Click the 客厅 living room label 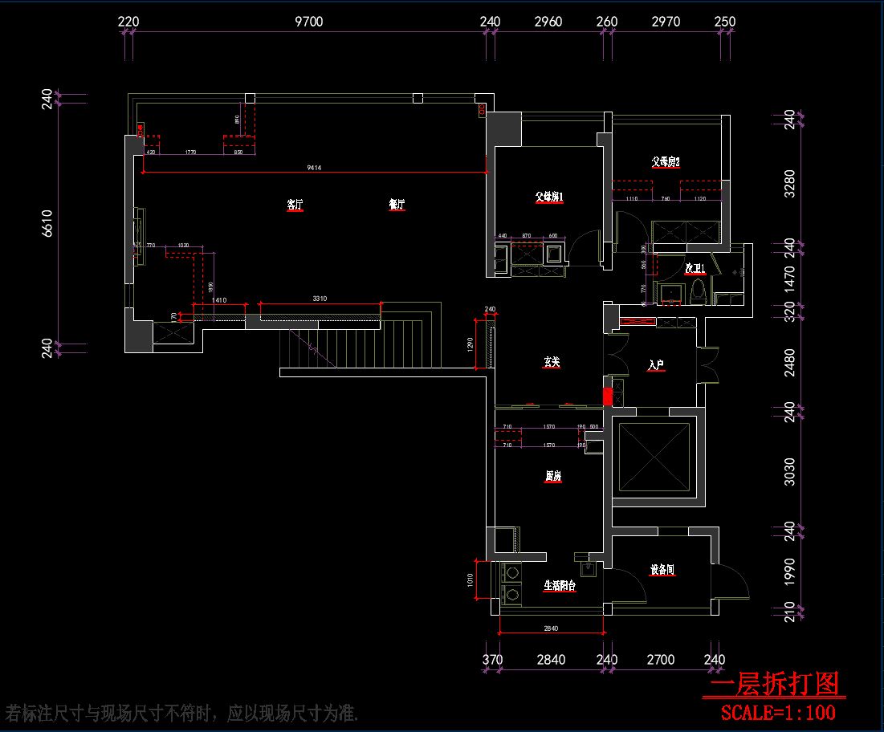point(295,205)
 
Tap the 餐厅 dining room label point(397,205)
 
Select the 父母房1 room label point(549,197)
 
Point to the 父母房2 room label point(666,162)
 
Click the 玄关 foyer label point(551,363)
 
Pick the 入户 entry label point(656,366)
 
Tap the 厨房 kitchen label point(552,477)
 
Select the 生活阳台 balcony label point(560,586)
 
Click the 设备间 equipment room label point(662,571)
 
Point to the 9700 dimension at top point(309,22)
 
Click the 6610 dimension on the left point(47,223)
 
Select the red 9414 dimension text point(314,168)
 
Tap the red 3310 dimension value point(320,299)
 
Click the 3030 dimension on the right point(789,472)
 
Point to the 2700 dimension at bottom point(661,661)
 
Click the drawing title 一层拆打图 point(774,685)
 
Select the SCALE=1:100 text point(778,712)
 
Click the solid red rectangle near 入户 point(608,396)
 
